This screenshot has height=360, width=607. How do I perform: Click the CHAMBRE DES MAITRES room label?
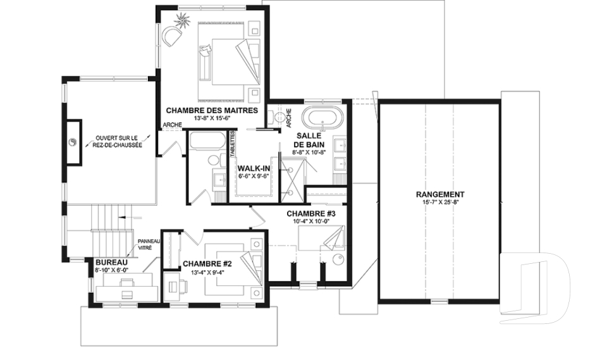212,110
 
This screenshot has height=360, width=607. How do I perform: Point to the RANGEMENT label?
440,194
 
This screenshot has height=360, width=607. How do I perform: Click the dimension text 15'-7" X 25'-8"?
440,202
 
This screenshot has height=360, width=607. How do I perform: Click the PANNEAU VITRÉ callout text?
149,245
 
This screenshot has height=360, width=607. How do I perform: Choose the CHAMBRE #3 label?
310,214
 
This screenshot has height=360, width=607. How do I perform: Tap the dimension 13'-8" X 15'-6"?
212,118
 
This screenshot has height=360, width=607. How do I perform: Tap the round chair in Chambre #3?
338,259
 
